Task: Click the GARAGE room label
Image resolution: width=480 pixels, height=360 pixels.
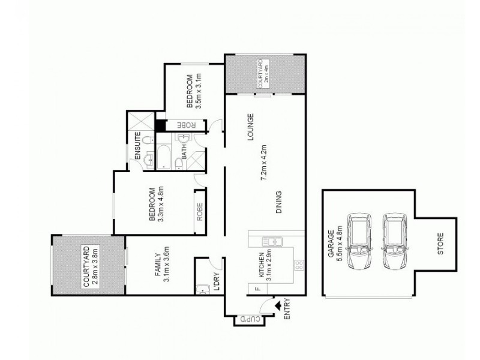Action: point(330,247)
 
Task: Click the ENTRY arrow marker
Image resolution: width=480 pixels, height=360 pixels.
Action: point(278,305)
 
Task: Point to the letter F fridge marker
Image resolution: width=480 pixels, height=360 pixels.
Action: point(257,290)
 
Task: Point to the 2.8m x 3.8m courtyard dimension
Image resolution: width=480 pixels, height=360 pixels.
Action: point(95,266)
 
